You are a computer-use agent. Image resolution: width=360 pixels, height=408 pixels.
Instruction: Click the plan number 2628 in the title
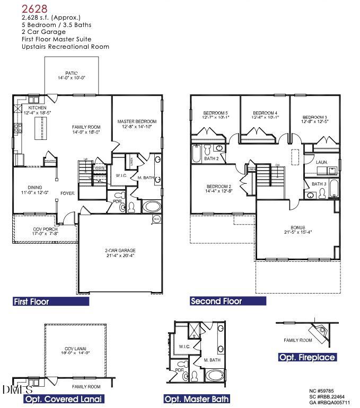coord(33,8)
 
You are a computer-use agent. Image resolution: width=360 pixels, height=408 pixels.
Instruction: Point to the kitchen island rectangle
coord(39,129)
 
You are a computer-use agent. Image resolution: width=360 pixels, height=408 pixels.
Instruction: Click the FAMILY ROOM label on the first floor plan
coord(86,127)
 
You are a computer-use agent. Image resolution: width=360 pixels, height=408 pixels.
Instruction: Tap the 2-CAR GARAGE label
coord(120,250)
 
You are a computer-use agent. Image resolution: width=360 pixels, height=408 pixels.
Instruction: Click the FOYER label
coord(67,193)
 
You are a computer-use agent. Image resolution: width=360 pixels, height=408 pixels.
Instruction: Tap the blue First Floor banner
coord(51,301)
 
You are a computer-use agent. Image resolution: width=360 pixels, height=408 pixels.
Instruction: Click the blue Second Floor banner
coord(228,301)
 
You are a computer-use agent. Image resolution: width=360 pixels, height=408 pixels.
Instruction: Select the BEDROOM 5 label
coord(215,113)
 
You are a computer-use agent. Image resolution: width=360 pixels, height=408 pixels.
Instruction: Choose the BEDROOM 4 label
coord(265,113)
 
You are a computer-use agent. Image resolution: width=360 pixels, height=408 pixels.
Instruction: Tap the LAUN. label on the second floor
coord(321,162)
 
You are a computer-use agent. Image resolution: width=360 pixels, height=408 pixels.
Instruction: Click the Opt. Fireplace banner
coord(308,358)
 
